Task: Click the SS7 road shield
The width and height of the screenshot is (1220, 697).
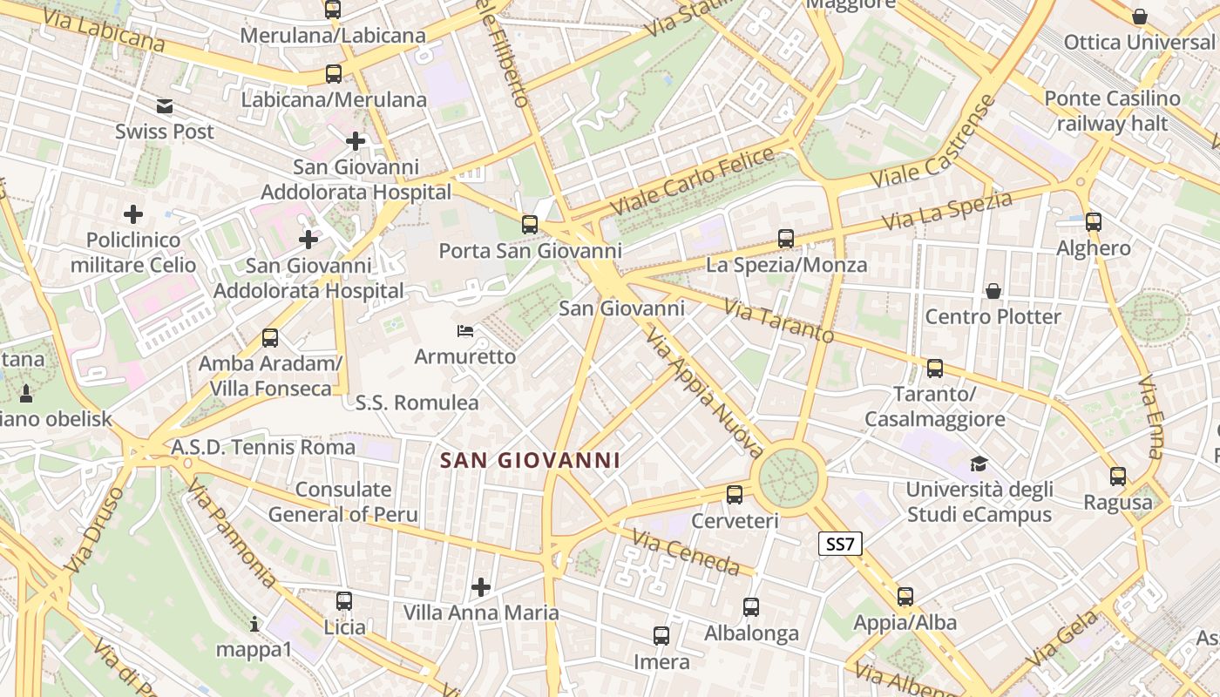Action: click(x=841, y=545)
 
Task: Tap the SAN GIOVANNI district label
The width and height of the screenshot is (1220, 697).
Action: click(x=530, y=460)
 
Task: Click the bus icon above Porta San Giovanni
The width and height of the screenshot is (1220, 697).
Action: click(x=530, y=225)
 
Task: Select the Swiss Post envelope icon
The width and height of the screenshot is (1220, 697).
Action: click(x=165, y=106)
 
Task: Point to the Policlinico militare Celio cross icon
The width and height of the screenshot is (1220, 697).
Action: click(x=133, y=213)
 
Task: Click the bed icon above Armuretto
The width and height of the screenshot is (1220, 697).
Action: click(x=465, y=331)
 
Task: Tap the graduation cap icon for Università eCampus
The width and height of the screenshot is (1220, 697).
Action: click(x=979, y=464)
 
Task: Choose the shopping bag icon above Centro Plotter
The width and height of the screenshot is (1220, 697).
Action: click(x=993, y=290)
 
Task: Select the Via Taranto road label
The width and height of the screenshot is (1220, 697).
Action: click(x=778, y=321)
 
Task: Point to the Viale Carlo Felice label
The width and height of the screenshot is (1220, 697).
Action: click(x=693, y=182)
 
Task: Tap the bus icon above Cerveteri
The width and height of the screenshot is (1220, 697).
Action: click(x=735, y=495)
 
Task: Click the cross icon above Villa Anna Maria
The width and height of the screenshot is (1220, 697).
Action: click(x=481, y=587)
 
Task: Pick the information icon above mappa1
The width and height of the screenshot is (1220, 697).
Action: click(x=254, y=624)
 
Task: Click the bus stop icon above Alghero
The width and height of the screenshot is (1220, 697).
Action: click(x=1094, y=222)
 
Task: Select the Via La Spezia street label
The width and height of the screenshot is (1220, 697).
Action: click(x=947, y=211)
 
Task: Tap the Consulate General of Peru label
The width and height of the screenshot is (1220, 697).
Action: click(x=343, y=502)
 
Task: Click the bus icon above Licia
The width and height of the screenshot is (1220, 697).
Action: click(x=344, y=600)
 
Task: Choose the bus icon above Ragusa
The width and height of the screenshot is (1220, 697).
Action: click(x=1118, y=477)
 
